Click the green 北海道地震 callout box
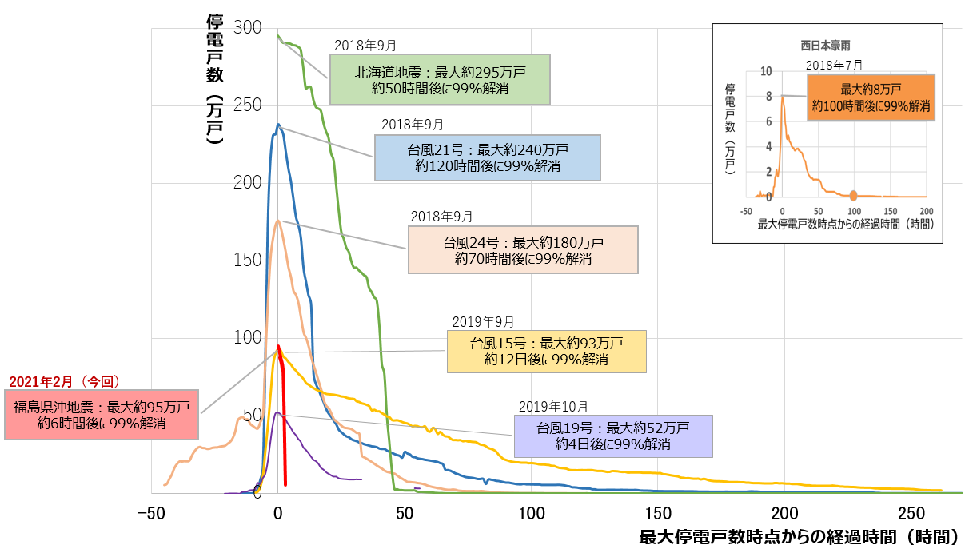coord(441,80)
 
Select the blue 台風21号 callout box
coord(486,157)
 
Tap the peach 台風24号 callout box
coord(523,249)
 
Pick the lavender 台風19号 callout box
coord(613,436)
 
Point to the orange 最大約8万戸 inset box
coord(871,97)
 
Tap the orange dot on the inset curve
coord(853,196)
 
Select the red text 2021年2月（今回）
coord(64,382)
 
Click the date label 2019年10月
coord(553,405)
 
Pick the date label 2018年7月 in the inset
coord(834,65)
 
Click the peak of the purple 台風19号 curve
coord(277,412)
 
